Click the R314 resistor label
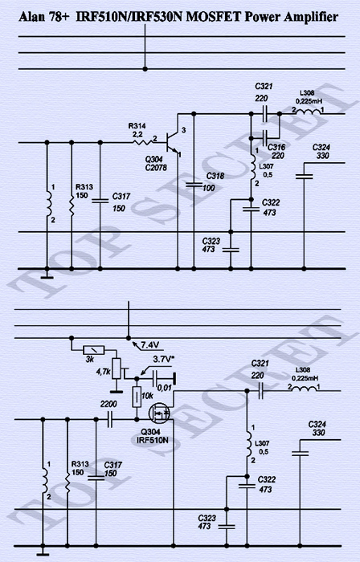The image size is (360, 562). click(x=137, y=126)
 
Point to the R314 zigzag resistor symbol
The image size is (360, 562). click(x=143, y=142)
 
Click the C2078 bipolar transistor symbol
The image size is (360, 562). click(x=172, y=142)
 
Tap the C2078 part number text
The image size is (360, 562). click(x=156, y=167)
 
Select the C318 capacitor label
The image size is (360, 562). click(x=215, y=176)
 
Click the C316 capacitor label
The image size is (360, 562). click(x=276, y=147)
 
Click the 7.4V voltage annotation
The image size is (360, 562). click(x=150, y=344)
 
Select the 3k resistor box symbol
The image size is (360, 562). click(x=94, y=350)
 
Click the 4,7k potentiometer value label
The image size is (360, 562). click(x=103, y=372)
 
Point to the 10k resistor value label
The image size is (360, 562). click(x=147, y=396)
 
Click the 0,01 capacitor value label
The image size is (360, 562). click(x=165, y=388)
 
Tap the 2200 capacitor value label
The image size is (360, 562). click(x=108, y=405)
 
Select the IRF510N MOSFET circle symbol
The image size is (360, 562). click(x=160, y=413)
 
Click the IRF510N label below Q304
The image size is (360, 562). click(x=153, y=440)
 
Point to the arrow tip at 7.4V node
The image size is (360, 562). click(x=133, y=341)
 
